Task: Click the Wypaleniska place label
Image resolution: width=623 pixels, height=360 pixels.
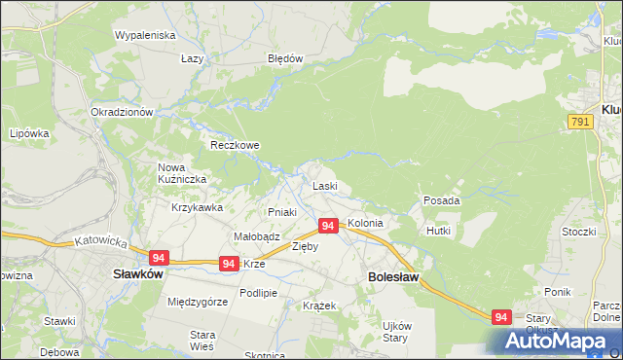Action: coord(144,35)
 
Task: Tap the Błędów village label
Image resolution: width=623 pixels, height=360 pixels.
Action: coord(285,58)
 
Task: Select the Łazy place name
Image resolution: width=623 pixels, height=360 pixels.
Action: coord(192,58)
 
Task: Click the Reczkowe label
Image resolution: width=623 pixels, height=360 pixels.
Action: coord(235,145)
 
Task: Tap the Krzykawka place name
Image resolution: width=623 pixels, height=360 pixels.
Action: coord(198,207)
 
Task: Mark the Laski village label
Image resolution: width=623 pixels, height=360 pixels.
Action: coord(324,186)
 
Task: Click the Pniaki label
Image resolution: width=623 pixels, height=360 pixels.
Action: coord(281,212)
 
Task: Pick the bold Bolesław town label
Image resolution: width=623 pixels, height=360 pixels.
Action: coord(393,277)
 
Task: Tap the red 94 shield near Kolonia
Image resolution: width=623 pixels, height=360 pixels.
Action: coord(328,226)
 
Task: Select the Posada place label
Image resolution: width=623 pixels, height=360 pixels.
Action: coord(441,200)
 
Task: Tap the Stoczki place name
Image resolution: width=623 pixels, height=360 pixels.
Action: coord(578,232)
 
